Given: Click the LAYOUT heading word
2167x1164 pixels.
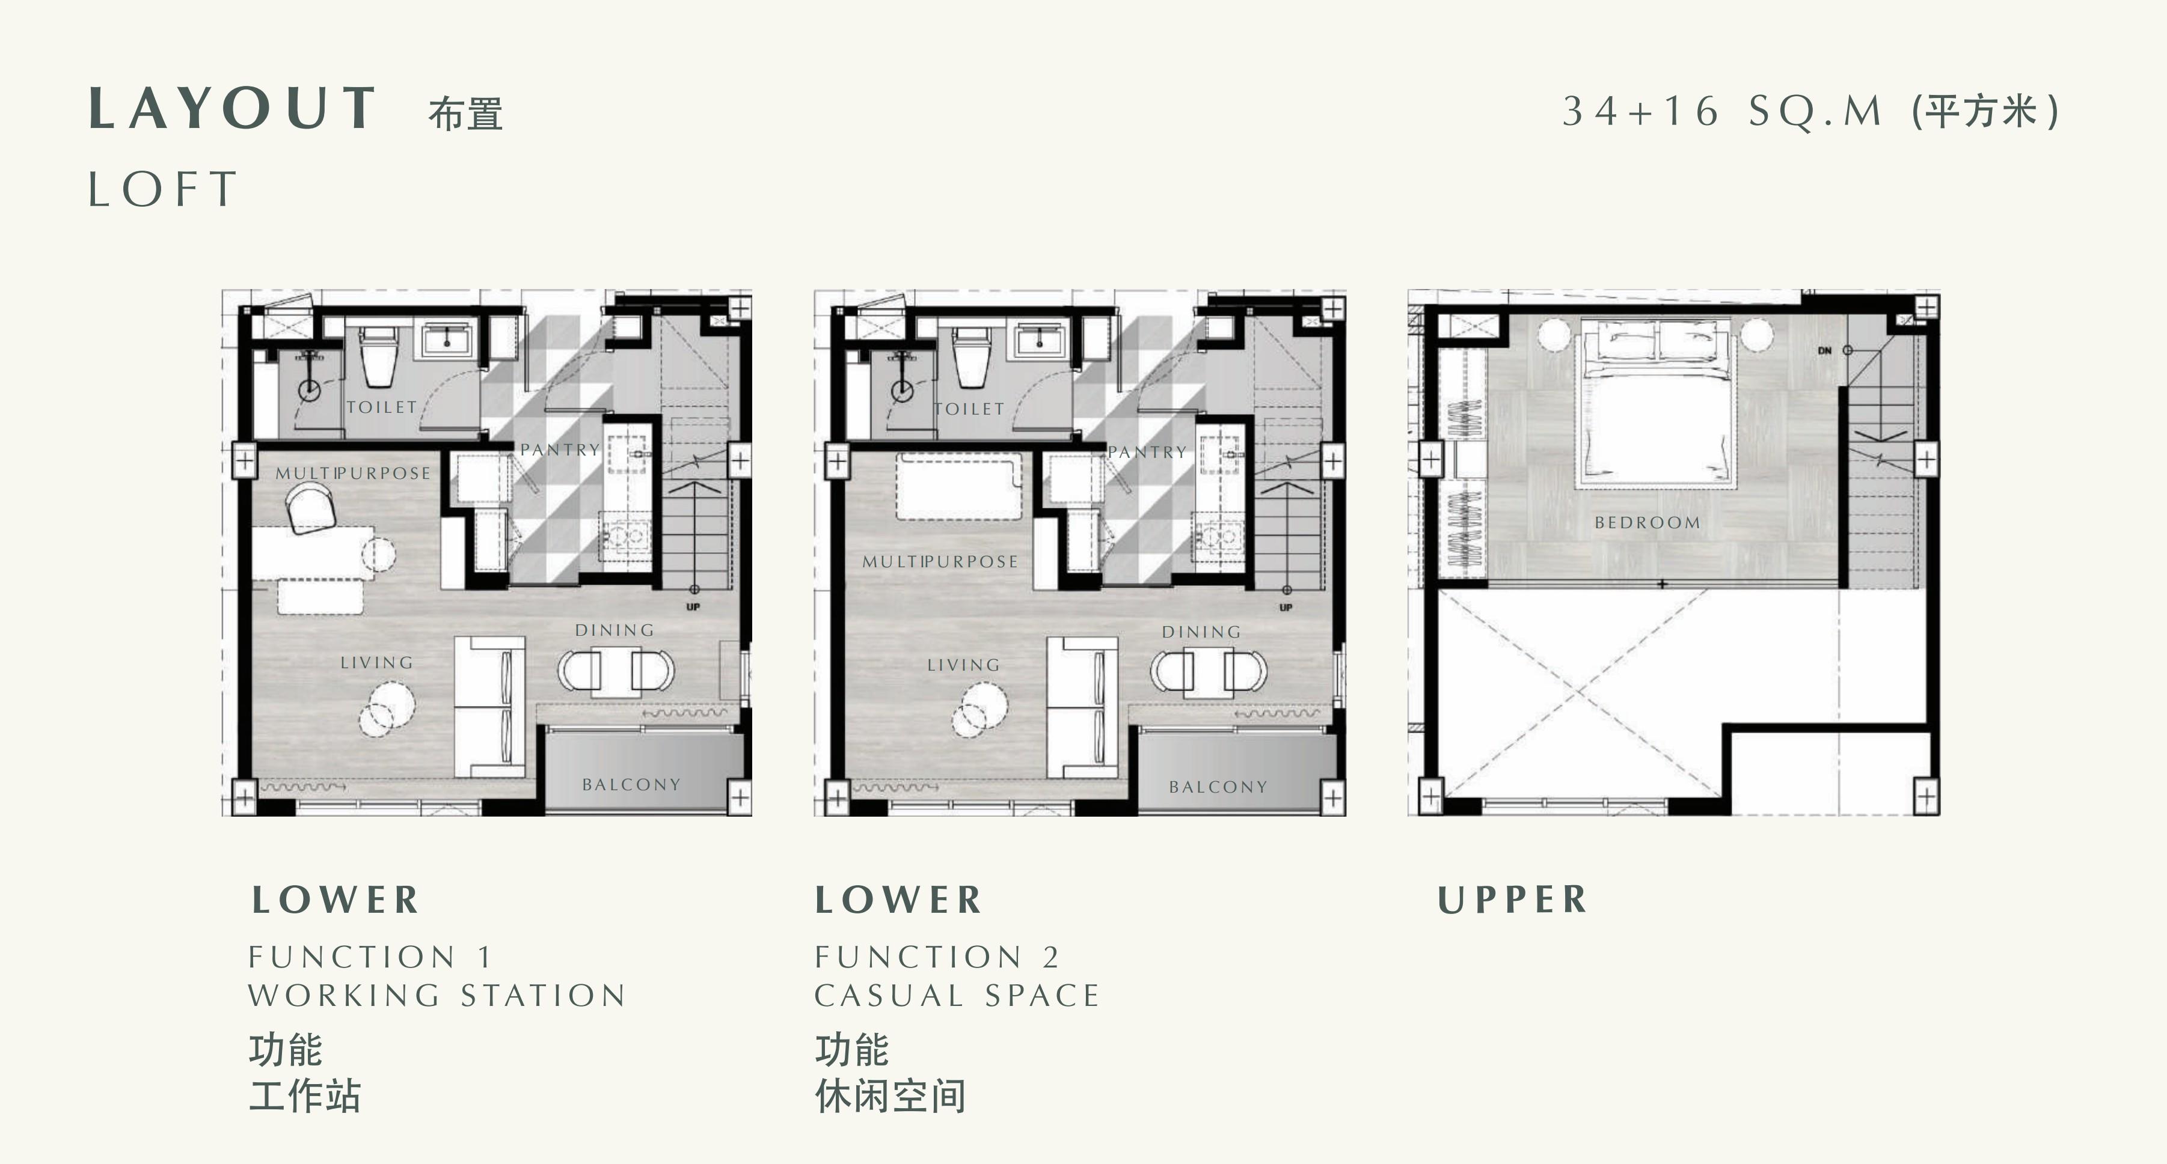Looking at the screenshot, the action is tap(232, 109).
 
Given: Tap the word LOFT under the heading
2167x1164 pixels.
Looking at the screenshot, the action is tap(163, 189).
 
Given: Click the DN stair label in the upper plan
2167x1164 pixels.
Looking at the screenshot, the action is tap(1824, 351).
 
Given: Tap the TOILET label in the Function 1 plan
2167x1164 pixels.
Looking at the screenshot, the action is tap(382, 407).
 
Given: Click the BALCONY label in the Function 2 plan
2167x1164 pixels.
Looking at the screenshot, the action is tap(1217, 787).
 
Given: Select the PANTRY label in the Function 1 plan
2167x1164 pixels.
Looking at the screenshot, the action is tap(559, 450).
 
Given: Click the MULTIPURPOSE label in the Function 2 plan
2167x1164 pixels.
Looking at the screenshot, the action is tap(940, 562).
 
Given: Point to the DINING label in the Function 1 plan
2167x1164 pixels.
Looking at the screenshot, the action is tap(614, 630).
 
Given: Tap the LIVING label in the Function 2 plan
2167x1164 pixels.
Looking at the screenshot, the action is tap(963, 665).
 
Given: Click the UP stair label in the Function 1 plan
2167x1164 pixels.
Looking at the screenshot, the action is tap(693, 607).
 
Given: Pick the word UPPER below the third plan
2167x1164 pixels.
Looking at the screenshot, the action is tap(1512, 900).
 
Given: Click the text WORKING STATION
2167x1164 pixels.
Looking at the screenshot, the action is tap(437, 996).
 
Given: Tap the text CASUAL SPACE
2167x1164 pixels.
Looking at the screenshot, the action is tap(957, 996).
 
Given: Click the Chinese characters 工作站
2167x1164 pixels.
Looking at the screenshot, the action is tap(304, 1096).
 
